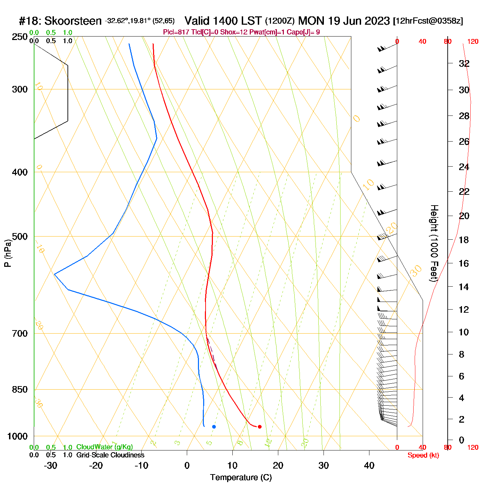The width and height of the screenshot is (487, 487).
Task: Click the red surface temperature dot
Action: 260,426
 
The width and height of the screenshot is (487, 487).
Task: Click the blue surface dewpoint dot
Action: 214,426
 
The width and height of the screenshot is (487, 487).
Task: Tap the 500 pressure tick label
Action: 20,237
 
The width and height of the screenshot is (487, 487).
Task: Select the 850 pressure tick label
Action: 20,390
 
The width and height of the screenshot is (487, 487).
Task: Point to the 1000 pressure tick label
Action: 17,436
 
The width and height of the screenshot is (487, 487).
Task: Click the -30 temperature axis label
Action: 50,465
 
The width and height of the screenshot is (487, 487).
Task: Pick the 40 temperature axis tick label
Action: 369,465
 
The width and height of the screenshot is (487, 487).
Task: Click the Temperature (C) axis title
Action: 241,477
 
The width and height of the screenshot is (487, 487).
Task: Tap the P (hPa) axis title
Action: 8,253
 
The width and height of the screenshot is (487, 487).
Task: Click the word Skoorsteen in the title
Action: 73,21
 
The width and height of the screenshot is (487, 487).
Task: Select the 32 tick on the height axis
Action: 464,64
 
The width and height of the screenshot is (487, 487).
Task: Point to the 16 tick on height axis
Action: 464,263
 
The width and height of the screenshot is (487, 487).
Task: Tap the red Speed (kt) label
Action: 423,455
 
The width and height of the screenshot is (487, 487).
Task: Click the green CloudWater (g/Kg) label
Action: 104,447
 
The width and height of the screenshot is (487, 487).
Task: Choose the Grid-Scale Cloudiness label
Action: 110,455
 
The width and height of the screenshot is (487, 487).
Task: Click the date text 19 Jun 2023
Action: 359,21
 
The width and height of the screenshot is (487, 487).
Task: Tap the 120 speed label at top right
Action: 473,42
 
